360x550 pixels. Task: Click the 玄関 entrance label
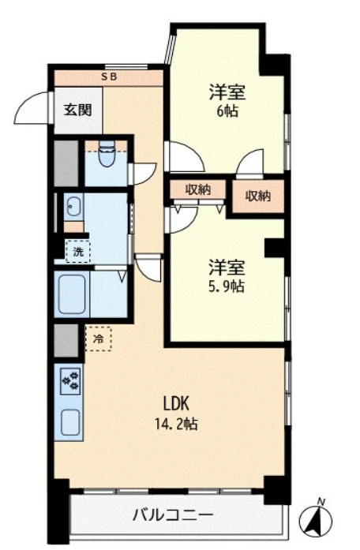click(x=77, y=110)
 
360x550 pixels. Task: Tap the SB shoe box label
click(x=109, y=77)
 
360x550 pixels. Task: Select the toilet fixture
click(x=107, y=154)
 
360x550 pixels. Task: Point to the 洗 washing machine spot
click(x=78, y=251)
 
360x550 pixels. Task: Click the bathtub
click(x=72, y=294)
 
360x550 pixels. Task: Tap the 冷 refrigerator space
click(x=99, y=339)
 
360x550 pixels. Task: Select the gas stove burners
click(x=70, y=381)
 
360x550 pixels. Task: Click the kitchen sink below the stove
click(x=70, y=422)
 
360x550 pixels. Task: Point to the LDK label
click(x=177, y=403)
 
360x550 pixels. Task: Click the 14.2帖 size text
click(x=177, y=424)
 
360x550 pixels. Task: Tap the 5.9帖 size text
click(x=227, y=286)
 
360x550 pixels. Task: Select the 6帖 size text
click(x=227, y=111)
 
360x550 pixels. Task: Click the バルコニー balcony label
click(x=173, y=515)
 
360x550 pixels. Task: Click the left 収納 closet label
click(x=198, y=189)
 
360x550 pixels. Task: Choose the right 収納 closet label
click(x=258, y=196)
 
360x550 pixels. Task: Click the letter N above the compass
click(x=320, y=502)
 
